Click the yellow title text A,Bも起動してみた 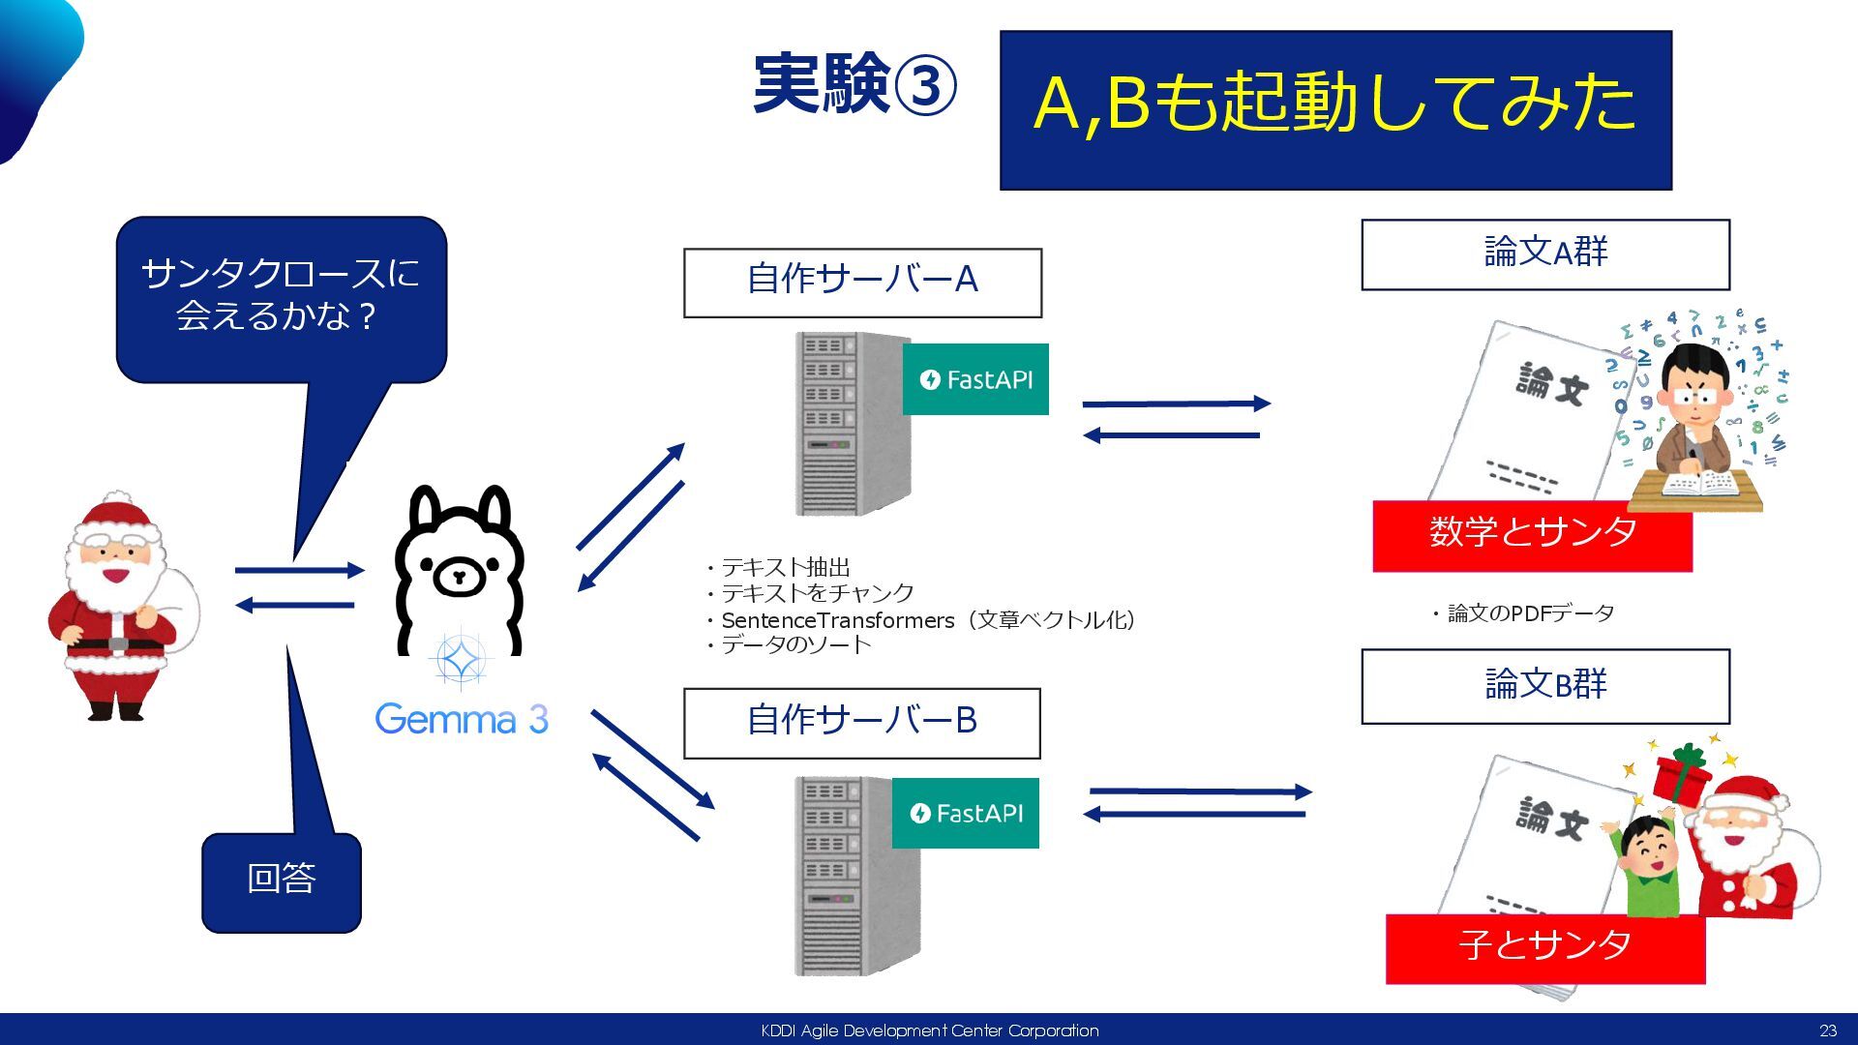click(x=1334, y=104)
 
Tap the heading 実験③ click(x=854, y=85)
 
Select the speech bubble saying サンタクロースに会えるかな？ click(x=281, y=295)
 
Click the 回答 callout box click(x=281, y=879)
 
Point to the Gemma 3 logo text click(x=462, y=719)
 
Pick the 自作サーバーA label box click(x=862, y=282)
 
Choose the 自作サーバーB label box click(x=861, y=722)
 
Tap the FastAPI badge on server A click(x=975, y=379)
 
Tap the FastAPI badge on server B click(x=965, y=814)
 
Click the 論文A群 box click(x=1544, y=254)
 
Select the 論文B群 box click(x=1544, y=685)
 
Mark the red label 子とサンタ click(x=1544, y=946)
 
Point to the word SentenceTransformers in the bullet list click(x=837, y=620)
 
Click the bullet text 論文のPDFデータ click(x=1529, y=613)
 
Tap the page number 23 click(x=1827, y=1030)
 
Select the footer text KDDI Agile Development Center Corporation click(x=929, y=1030)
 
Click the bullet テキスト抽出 click(x=785, y=567)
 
